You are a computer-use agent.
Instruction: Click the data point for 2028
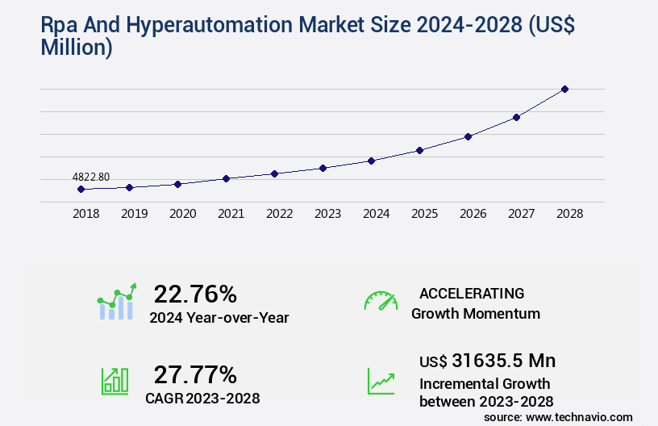pyautogui.click(x=564, y=89)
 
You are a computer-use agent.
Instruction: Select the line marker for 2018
pyautogui.click(x=81, y=190)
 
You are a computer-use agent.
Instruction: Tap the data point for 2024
pyautogui.click(x=371, y=161)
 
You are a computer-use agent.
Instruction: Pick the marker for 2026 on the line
pyautogui.click(x=468, y=136)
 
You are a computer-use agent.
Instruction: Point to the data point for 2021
pyautogui.click(x=226, y=178)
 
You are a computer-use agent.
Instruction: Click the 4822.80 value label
pyautogui.click(x=91, y=177)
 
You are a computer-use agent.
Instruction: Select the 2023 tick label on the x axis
pyautogui.click(x=327, y=214)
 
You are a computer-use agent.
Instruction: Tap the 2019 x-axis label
pyautogui.click(x=134, y=214)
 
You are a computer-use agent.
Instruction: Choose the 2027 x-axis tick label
pyautogui.click(x=521, y=214)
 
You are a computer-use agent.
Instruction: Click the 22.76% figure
pyautogui.click(x=195, y=294)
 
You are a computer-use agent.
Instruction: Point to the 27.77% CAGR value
pyautogui.click(x=195, y=374)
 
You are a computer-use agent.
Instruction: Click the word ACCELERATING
pyautogui.click(x=472, y=294)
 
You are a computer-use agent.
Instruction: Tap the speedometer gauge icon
pyautogui.click(x=381, y=300)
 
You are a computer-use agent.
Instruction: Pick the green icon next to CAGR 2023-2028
pyautogui.click(x=115, y=381)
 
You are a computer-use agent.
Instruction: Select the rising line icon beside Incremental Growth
pyautogui.click(x=381, y=381)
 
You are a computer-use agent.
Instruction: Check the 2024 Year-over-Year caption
pyautogui.click(x=219, y=317)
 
